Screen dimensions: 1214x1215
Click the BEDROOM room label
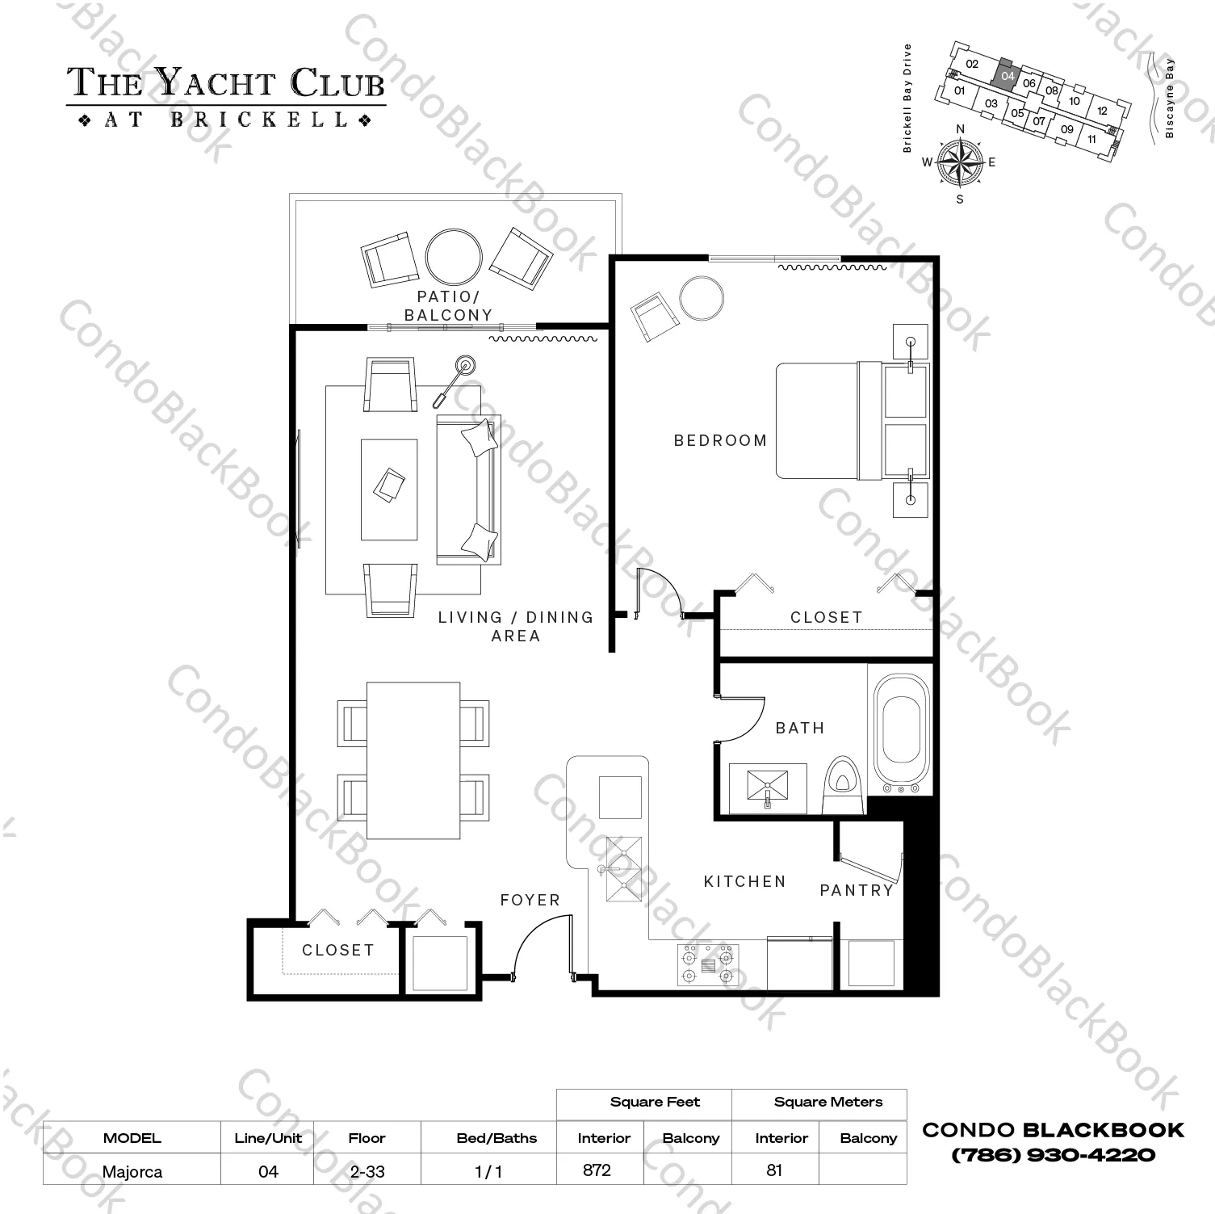tap(720, 441)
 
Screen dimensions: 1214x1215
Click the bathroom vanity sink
tap(767, 787)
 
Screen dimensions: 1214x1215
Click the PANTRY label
tap(856, 890)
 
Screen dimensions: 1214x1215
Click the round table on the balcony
tap(454, 254)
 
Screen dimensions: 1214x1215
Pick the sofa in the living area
tap(468, 489)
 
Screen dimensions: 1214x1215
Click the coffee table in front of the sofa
tap(389, 489)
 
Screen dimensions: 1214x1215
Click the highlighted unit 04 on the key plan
tap(1007, 75)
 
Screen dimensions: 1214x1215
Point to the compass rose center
tap(960, 162)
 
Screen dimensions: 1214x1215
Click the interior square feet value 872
tap(597, 1170)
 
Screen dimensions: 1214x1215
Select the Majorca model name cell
tap(132, 1171)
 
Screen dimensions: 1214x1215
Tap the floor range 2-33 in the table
tap(367, 1171)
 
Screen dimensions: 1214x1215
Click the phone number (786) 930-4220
tap(1053, 1155)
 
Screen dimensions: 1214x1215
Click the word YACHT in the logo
tap(216, 83)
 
